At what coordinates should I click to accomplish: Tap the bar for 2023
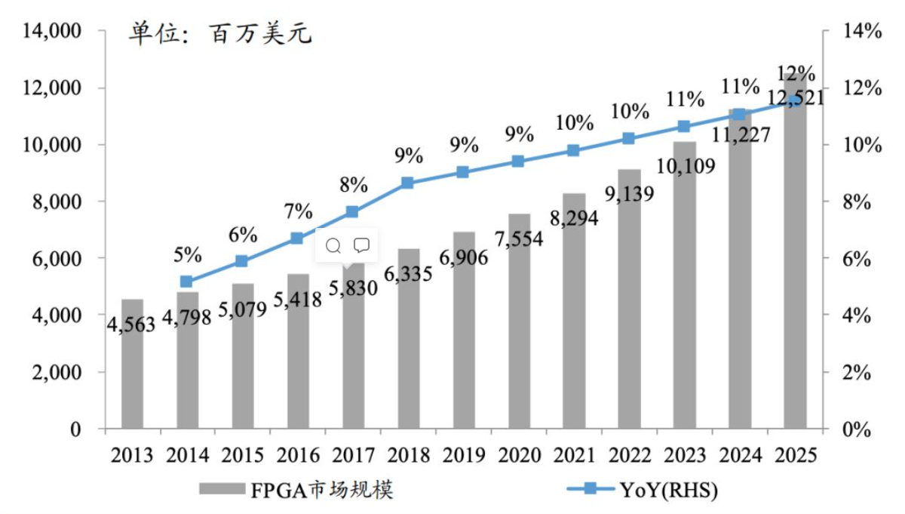(685, 302)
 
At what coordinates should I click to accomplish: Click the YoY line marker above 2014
(186, 282)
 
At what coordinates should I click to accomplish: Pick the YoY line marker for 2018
(407, 183)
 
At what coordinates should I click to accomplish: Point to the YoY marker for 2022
(628, 138)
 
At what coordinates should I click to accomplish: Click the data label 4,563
(131, 325)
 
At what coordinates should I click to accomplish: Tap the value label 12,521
(795, 97)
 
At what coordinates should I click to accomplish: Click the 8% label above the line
(352, 184)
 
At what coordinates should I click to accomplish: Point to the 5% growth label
(187, 254)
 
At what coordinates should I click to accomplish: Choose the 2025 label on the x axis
(794, 455)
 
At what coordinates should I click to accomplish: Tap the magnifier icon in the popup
(333, 245)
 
